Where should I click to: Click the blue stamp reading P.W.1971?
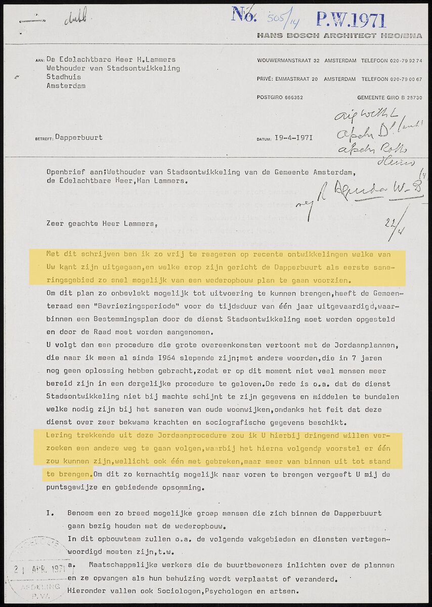point(351,20)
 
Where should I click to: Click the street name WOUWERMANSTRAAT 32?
point(288,61)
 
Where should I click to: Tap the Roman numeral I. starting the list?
point(51,513)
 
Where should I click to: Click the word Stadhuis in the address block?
point(64,77)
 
